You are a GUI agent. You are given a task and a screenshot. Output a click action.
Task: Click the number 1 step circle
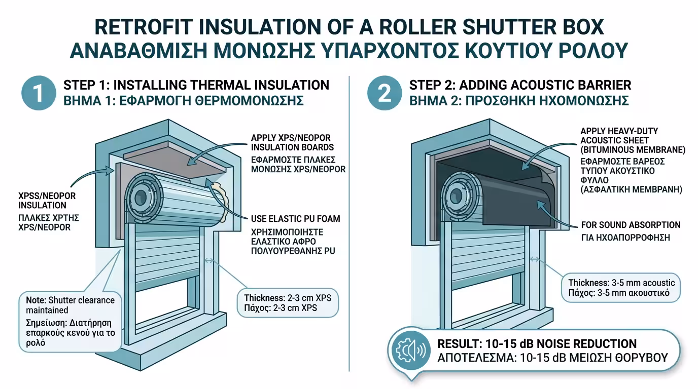[39, 93]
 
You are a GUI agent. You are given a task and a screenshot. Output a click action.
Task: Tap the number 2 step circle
[385, 93]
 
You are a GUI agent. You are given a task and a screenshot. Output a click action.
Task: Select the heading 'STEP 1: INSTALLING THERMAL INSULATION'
[196, 85]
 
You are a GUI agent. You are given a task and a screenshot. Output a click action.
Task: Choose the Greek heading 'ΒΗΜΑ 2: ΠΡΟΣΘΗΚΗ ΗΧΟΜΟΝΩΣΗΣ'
[519, 100]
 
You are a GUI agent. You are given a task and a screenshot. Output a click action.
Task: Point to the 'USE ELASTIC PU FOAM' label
[295, 219]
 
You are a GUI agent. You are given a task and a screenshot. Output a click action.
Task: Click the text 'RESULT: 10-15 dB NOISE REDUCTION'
[537, 344]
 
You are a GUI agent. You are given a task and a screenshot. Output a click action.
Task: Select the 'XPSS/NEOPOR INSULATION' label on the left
[43, 201]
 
